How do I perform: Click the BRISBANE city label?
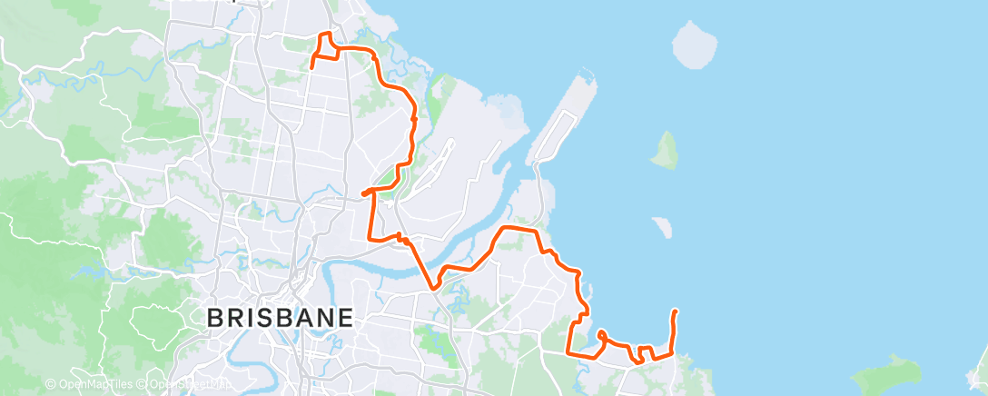tap(280, 318)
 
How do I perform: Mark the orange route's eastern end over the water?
tap(675, 312)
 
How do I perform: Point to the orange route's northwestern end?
tap(312, 67)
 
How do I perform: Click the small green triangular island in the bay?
tap(666, 151)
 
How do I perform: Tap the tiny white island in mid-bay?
tap(662, 226)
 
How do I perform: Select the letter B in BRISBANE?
tap(215, 318)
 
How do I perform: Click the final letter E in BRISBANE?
tap(344, 318)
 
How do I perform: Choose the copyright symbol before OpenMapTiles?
tap(50, 384)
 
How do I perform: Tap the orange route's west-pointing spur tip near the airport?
tap(363, 193)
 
